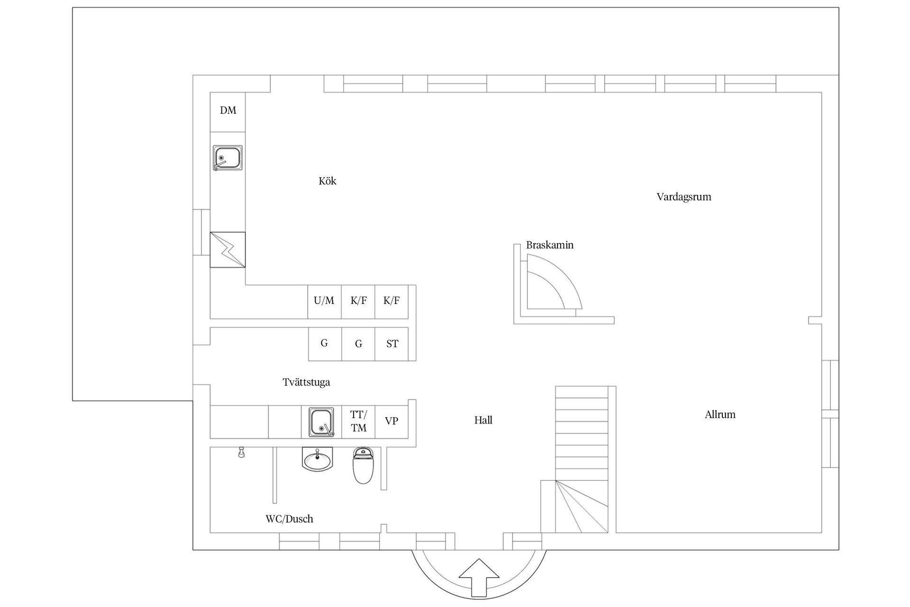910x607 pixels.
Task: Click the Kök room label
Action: pyautogui.click(x=328, y=181)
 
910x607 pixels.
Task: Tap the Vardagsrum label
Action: pyautogui.click(x=683, y=197)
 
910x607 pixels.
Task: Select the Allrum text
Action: pyautogui.click(x=720, y=414)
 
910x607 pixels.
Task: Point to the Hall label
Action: pyautogui.click(x=483, y=420)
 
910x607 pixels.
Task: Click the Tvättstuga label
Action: pyautogui.click(x=306, y=382)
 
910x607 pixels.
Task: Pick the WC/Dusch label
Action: pyautogui.click(x=289, y=519)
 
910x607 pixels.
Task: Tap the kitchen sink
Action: pyautogui.click(x=227, y=158)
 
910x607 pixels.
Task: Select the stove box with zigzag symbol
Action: pyautogui.click(x=227, y=249)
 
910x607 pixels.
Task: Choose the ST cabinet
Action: pyautogui.click(x=392, y=344)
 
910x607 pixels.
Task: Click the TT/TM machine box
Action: pyautogui.click(x=358, y=422)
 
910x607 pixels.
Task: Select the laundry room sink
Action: pyautogui.click(x=321, y=422)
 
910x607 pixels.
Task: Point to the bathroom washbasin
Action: pyautogui.click(x=318, y=460)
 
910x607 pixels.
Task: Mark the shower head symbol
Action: pyautogui.click(x=241, y=452)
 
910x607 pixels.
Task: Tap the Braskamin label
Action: pyautogui.click(x=550, y=245)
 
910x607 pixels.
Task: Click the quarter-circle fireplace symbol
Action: pyautogui.click(x=550, y=285)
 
